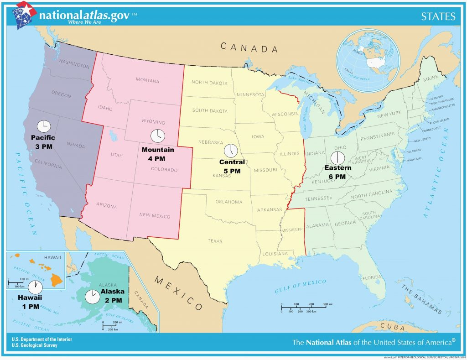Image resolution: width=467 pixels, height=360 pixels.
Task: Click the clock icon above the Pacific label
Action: coord(43,126)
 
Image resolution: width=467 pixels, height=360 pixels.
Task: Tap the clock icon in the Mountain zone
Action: coord(157,136)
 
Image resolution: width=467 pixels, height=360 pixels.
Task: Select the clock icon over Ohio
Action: coord(338,158)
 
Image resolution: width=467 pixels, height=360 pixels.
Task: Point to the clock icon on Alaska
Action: coord(93,297)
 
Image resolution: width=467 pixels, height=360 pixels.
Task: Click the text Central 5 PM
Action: coord(232,166)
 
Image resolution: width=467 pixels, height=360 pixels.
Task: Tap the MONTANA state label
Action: coord(147,81)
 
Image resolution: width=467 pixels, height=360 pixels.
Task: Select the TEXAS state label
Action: coord(216,240)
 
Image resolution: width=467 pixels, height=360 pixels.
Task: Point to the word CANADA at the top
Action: coord(249,47)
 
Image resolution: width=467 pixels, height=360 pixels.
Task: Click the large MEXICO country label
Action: coord(178,292)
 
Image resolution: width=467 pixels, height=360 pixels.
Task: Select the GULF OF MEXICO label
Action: coord(301,286)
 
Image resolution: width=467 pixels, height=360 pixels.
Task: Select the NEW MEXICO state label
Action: coord(155,216)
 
